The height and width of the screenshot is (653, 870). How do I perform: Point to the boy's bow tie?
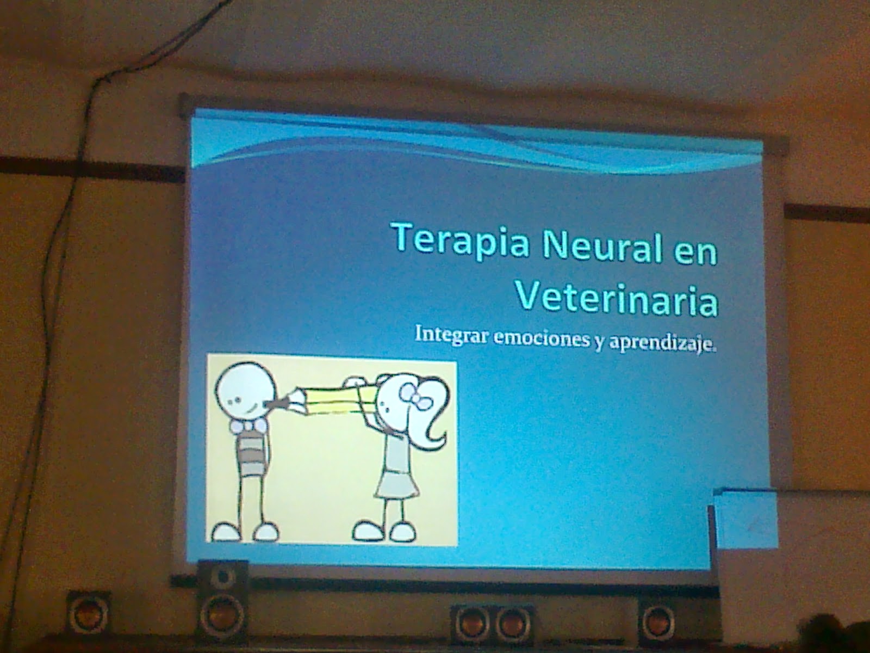(x=249, y=426)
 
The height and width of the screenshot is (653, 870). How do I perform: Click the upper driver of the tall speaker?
(x=222, y=576)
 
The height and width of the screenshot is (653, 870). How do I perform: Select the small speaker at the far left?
(x=88, y=613)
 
